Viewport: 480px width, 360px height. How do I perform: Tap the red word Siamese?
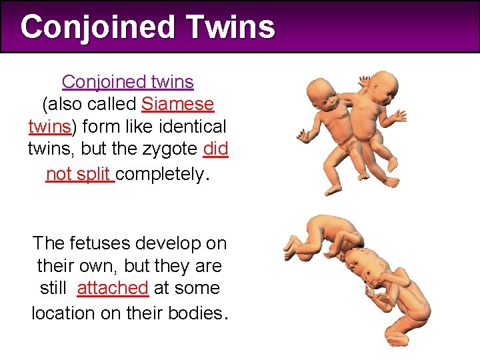178,105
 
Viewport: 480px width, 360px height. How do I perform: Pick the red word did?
215,149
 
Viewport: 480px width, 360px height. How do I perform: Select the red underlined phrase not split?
79,173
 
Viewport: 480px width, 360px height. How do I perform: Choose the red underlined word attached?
113,288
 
